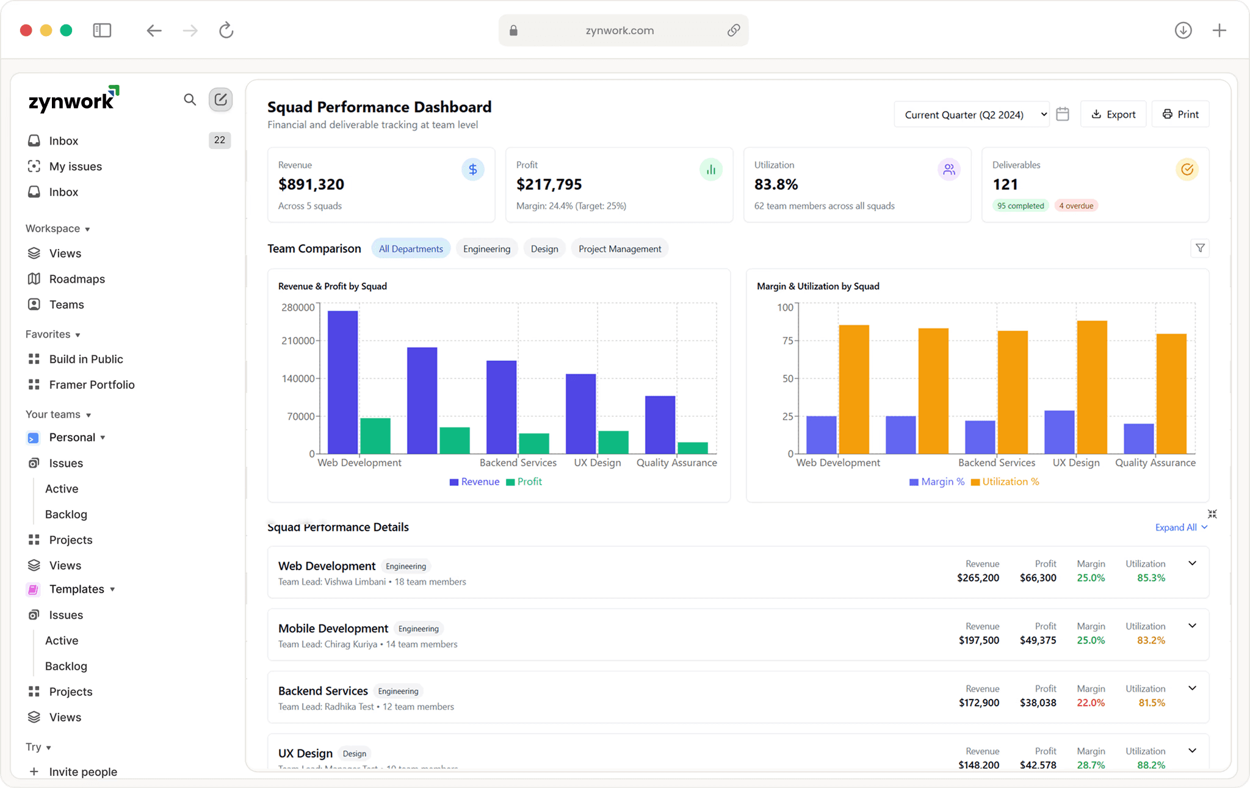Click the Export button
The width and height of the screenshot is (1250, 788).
1113,114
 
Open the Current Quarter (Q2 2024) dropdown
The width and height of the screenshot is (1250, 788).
972,115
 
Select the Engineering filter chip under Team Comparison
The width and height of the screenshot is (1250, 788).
486,248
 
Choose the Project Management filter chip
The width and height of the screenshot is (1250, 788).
620,248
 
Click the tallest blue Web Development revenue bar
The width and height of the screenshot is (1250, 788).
342,382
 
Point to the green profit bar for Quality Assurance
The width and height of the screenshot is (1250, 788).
692,447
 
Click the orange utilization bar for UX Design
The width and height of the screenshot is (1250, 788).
1091,387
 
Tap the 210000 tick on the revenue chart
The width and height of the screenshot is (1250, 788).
297,341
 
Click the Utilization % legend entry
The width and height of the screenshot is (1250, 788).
1005,482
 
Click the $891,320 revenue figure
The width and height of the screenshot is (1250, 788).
311,184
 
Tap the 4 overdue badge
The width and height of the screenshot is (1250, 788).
1076,206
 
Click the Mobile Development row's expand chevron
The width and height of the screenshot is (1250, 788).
1192,626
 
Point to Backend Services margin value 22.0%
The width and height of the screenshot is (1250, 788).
1091,703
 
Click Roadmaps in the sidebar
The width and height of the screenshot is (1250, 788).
77,279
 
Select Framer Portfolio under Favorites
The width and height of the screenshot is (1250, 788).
92,385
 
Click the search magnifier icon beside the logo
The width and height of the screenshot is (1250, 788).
190,99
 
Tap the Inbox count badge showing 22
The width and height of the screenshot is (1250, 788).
219,140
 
